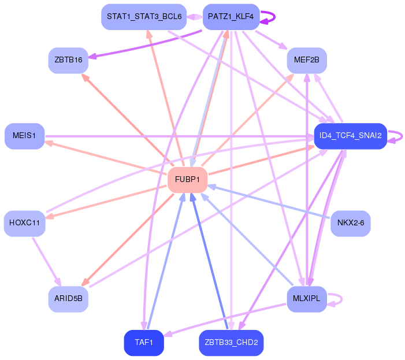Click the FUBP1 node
pos(188,180)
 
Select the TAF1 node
pos(144,343)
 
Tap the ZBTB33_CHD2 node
pos(231,343)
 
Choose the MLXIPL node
pos(307,299)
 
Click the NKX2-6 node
pos(351,224)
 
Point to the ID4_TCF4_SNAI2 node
pos(351,136)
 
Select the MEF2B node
pos(307,61)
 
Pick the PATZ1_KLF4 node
pos(231,17)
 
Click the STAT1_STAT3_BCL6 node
pos(144,17)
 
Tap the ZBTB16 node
pos(68,61)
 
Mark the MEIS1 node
pos(24,136)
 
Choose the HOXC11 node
pos(24,224)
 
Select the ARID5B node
pos(68,299)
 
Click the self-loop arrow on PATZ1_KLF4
pos(274,17)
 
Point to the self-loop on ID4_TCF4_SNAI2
pos(402,136)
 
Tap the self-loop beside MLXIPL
pos(341,299)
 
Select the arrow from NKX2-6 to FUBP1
pos(269,202)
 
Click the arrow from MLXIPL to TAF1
pos(225,320)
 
